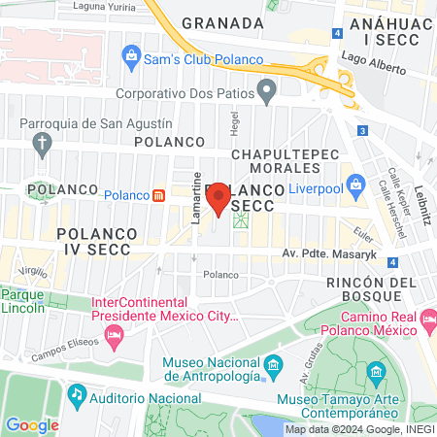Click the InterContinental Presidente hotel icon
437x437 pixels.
[115, 336]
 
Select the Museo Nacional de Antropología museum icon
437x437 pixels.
[275, 366]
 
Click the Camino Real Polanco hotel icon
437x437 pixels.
[424, 328]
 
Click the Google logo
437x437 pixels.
[32, 424]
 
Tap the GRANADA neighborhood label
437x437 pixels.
[222, 23]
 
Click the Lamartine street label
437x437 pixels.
[196, 200]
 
